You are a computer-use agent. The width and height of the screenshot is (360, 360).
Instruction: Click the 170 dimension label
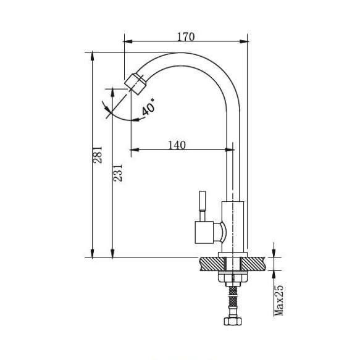point(186,36)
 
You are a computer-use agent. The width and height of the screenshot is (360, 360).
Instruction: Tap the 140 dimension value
point(177,145)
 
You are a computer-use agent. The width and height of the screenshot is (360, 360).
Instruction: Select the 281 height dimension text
point(98,154)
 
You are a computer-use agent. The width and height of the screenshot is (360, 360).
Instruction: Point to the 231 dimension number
point(118,173)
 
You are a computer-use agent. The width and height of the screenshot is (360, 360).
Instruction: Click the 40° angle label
point(148,107)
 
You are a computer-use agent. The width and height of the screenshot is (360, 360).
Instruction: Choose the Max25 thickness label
point(278,301)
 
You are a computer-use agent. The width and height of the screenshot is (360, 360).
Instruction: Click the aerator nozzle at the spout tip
point(135,84)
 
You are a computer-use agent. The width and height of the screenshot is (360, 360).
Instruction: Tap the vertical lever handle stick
point(203,206)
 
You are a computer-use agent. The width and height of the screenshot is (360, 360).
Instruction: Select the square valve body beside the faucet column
point(204,232)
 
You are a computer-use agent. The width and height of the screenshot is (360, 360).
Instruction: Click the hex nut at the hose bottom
point(233,320)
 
